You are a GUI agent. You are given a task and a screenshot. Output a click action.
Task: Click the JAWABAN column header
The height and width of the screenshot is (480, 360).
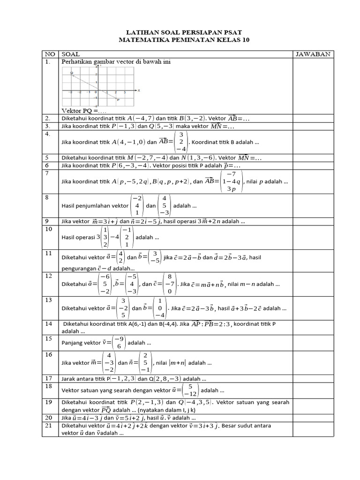[x=313, y=54]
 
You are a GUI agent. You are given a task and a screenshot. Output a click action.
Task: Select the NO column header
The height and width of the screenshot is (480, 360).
[x=49, y=54]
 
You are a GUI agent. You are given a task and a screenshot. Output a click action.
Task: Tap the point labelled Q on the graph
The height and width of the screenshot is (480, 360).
[x=72, y=73]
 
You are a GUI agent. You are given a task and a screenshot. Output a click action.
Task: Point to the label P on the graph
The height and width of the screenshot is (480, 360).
[x=118, y=100]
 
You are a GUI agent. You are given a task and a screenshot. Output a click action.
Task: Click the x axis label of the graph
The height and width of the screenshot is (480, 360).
[x=139, y=90]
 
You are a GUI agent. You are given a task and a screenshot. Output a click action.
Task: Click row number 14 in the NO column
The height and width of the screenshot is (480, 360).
[x=49, y=323]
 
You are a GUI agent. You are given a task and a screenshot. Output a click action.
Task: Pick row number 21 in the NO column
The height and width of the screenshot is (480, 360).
[x=49, y=426]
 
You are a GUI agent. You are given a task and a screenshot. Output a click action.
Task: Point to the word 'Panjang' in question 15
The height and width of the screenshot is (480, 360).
[x=72, y=343]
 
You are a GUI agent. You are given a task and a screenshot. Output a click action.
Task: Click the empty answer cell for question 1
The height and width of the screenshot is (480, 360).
[x=313, y=87]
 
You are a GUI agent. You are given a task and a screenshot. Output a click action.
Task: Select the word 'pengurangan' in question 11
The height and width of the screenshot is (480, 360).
[x=78, y=269]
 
